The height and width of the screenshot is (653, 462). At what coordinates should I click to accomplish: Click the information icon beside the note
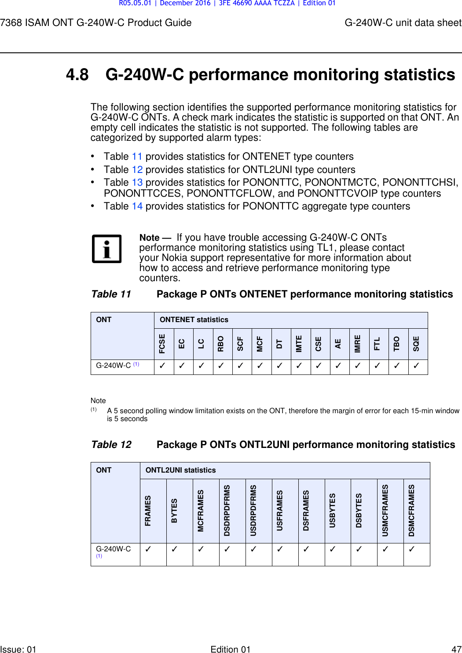pos(106,249)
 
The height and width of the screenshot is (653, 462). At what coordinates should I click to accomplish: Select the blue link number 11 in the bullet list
pos(137,157)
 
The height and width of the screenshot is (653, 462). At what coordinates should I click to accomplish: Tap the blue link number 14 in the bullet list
pos(137,206)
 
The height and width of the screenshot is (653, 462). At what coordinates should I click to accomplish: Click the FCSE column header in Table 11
pos(162,344)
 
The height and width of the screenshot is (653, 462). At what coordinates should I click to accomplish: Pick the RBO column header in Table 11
pos(221,344)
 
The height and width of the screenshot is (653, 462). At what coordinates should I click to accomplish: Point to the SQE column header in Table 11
pos(416,344)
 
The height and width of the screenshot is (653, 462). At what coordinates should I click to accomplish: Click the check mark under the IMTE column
pos(299,366)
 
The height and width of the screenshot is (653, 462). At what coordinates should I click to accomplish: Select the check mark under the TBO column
pos(397,366)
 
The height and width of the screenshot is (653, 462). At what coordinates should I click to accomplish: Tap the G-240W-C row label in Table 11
pos(114,366)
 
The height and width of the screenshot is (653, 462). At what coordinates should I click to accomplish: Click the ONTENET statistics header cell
pos(194,320)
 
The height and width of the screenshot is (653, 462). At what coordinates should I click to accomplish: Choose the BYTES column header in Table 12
pos(175,511)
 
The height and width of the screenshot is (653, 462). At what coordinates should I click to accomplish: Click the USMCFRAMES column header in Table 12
pos(385,511)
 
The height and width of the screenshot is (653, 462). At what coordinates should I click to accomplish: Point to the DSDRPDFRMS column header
pos(227,511)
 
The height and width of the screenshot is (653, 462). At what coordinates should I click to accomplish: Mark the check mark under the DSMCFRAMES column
pos(412,549)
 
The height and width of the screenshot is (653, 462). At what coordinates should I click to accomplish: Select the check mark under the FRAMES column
pos(148,549)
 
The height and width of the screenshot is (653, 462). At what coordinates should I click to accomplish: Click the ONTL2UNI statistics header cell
pos(180,470)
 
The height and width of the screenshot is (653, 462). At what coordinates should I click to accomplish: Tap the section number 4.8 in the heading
pos(77,75)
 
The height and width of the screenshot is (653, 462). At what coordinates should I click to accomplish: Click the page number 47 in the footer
pos(456,649)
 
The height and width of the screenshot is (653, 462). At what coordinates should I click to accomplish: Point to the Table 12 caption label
pos(111,445)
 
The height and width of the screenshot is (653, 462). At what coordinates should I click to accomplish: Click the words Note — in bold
pos(155,238)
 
